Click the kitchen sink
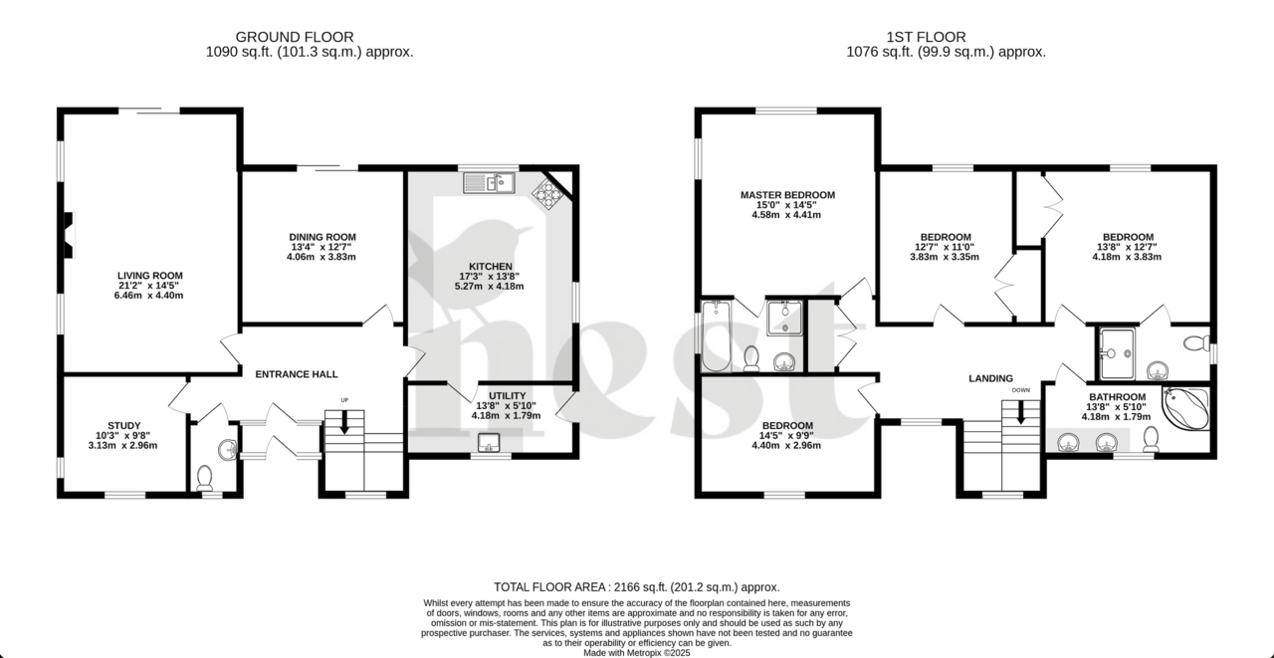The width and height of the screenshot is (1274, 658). point(488,182)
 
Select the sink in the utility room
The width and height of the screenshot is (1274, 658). point(489,442)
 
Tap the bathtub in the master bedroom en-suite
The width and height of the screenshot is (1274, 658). point(717,336)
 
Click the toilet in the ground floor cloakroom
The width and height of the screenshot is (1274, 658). point(206,478)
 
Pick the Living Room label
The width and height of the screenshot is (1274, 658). point(150,276)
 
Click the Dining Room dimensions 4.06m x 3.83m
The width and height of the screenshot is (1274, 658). point(320,257)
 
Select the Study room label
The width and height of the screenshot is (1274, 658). point(124,425)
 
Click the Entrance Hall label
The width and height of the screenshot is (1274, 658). point(297,374)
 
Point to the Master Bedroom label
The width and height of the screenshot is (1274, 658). point(787,195)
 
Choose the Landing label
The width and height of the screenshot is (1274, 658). point(990,378)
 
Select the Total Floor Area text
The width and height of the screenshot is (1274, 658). point(636,587)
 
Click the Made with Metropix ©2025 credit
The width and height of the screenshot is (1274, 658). point(636,653)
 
